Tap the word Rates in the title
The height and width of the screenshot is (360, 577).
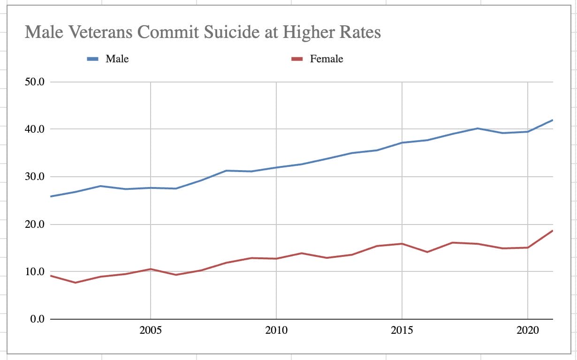pyautogui.click(x=358, y=33)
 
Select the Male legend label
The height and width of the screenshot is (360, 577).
pyautogui.click(x=117, y=59)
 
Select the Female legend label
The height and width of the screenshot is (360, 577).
pyautogui.click(x=326, y=59)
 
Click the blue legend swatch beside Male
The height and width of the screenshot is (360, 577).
pyautogui.click(x=92, y=59)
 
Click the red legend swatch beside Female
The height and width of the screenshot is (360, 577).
pyautogui.click(x=296, y=59)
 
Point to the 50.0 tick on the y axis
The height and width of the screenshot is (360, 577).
pyautogui.click(x=34, y=82)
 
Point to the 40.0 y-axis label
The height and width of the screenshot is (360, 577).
pyautogui.click(x=34, y=129)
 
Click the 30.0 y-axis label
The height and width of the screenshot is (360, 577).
pyautogui.click(x=34, y=177)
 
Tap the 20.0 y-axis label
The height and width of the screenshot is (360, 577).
pyautogui.click(x=34, y=224)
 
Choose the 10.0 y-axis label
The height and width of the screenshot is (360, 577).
pyautogui.click(x=34, y=271)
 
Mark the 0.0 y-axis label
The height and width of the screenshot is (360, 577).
pyautogui.click(x=36, y=319)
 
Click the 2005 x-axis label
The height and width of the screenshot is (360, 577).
pyautogui.click(x=151, y=331)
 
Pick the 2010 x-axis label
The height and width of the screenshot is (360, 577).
pyautogui.click(x=276, y=331)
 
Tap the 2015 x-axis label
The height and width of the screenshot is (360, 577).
pyautogui.click(x=402, y=331)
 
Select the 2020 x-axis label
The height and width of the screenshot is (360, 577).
pyautogui.click(x=528, y=331)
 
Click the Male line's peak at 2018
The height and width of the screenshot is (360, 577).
pyautogui.click(x=478, y=128)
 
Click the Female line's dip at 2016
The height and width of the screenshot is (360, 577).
pyautogui.click(x=427, y=252)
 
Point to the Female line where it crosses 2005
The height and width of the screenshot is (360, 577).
pyautogui.click(x=151, y=269)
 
